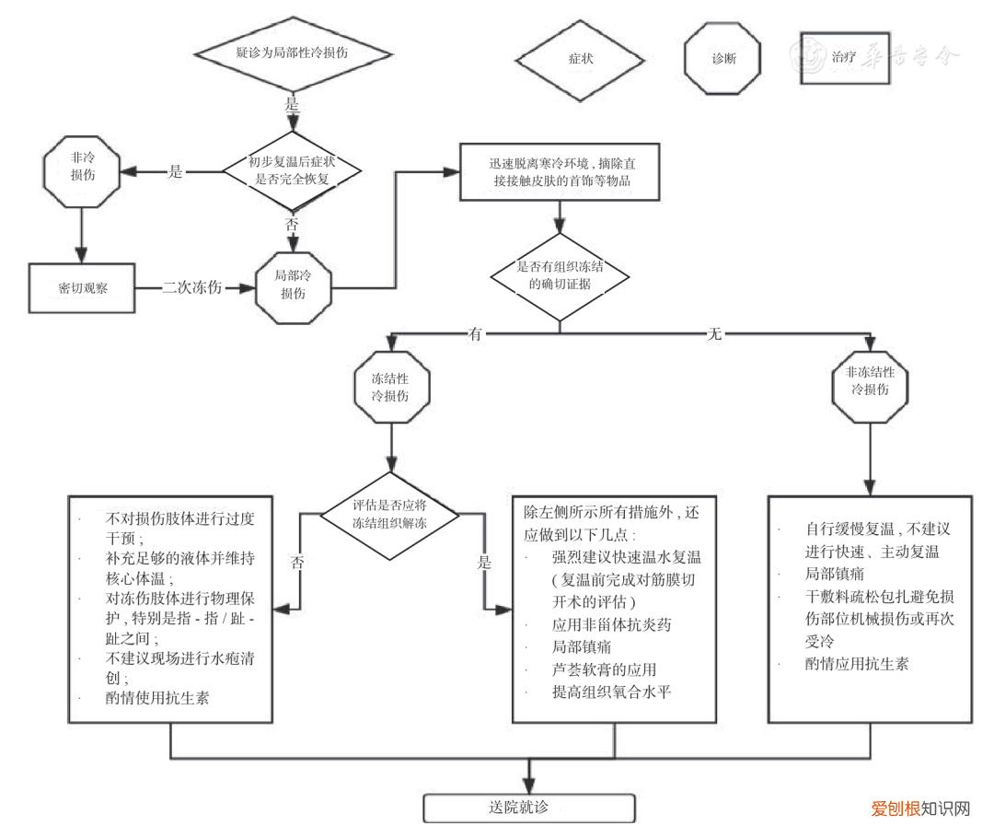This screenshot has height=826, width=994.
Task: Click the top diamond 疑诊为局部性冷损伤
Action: (292, 53)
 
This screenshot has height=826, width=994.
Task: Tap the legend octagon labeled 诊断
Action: (723, 58)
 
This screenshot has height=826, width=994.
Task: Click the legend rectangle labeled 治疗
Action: (843, 58)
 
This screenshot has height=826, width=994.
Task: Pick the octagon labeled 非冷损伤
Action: (82, 171)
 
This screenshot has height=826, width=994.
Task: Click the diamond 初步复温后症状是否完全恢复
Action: (292, 171)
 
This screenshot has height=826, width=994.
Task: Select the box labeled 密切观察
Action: (82, 288)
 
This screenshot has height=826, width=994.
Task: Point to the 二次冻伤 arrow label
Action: (192, 287)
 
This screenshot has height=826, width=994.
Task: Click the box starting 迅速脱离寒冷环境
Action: (560, 172)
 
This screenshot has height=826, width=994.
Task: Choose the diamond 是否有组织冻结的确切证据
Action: (560, 274)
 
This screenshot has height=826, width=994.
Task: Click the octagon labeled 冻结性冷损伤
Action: (390, 387)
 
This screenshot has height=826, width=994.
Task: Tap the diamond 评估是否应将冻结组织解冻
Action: (390, 515)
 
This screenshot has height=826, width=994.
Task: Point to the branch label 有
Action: (475, 334)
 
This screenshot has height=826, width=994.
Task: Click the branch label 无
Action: (713, 334)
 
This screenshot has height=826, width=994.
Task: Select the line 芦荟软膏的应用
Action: (604, 669)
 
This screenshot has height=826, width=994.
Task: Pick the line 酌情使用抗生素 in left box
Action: (157, 698)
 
